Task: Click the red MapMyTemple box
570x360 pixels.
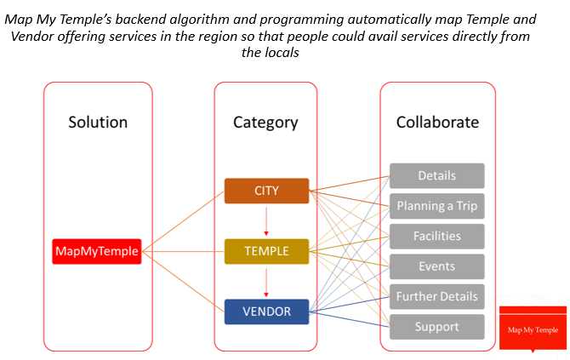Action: (97, 251)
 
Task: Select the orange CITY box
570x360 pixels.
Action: (266, 191)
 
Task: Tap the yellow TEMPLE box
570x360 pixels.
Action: (266, 251)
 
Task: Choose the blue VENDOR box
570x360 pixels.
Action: (266, 311)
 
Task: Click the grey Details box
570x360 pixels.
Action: (437, 175)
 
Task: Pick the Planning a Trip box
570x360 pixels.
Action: (437, 206)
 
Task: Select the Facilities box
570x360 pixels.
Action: (437, 237)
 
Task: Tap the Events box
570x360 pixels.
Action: (437, 266)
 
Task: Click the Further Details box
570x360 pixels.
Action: (437, 297)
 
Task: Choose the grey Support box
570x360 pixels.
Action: (437, 327)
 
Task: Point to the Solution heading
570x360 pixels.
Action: (98, 123)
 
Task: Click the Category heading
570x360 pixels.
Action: (265, 123)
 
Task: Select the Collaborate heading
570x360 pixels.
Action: (437, 123)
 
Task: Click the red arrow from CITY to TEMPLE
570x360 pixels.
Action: (266, 221)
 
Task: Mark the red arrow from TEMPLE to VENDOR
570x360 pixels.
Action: (266, 283)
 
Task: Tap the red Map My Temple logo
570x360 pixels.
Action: (533, 329)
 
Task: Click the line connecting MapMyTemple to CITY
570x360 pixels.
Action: (183, 221)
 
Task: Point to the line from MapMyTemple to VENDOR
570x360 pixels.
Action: (183, 281)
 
